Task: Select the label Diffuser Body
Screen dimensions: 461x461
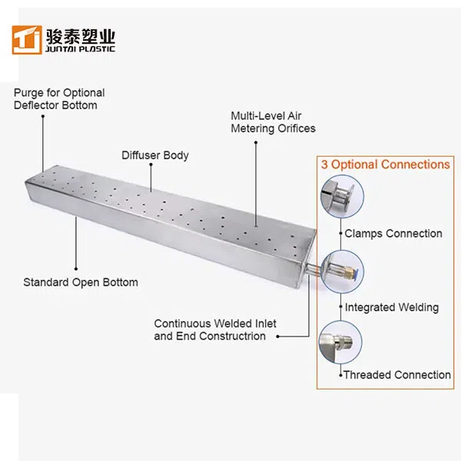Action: (154, 155)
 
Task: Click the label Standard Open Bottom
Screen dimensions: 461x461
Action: (81, 282)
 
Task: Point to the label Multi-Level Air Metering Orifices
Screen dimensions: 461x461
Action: (273, 122)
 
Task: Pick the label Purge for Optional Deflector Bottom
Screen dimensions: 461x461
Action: (59, 99)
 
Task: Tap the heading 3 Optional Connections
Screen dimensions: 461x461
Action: (384, 164)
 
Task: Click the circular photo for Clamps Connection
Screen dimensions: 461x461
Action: (337, 194)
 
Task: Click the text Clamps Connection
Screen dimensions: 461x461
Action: (393, 234)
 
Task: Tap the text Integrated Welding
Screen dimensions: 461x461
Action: (392, 307)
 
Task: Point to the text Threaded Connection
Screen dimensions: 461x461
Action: (396, 375)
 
